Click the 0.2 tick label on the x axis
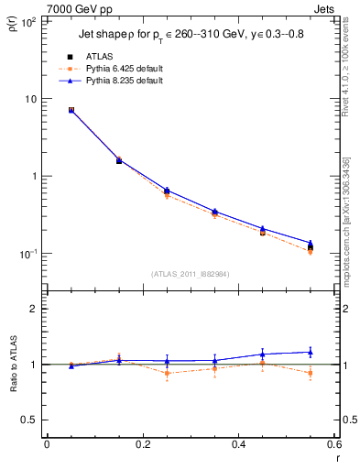pos(143,445)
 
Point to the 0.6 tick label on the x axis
pos(333,445)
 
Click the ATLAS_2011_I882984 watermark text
pos(190,273)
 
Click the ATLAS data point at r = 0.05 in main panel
pos(71,110)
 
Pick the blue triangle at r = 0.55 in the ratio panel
pos(311,352)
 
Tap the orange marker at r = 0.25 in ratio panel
pos(167,373)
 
